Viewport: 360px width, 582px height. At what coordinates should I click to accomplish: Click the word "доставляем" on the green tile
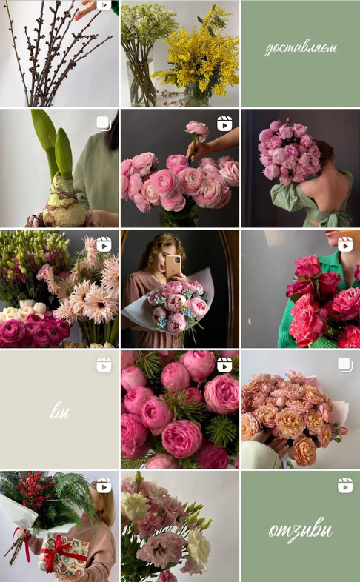[x=301, y=49]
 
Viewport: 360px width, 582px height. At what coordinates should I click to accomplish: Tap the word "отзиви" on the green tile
[x=301, y=529]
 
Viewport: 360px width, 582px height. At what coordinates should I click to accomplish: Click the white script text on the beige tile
[x=59, y=412]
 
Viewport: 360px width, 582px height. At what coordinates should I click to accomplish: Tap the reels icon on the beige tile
[x=104, y=365]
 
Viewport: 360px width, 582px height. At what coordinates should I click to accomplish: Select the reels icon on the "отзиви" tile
[x=345, y=486]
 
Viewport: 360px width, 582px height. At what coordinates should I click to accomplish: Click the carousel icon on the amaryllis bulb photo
[x=104, y=124]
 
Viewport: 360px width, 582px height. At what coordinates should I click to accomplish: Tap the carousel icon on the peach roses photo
[x=345, y=365]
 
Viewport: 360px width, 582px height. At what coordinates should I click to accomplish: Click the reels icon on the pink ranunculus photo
[x=224, y=124]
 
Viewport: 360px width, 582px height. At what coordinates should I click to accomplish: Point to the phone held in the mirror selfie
[x=173, y=267]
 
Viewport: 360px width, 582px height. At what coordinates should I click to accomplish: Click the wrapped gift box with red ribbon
[x=64, y=554]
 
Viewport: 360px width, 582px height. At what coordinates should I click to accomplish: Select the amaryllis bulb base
[x=64, y=201]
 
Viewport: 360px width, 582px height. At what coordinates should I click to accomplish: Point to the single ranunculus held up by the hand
[x=197, y=130]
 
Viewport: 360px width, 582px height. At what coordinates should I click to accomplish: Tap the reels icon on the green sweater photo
[x=345, y=244]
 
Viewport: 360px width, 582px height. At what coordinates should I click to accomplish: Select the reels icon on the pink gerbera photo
[x=104, y=244]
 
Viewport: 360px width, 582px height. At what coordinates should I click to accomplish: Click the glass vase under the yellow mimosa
[x=197, y=95]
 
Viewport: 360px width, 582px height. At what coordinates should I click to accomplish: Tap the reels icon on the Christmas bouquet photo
[x=104, y=486]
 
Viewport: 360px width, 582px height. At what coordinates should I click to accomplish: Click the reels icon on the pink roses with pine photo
[x=224, y=365]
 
